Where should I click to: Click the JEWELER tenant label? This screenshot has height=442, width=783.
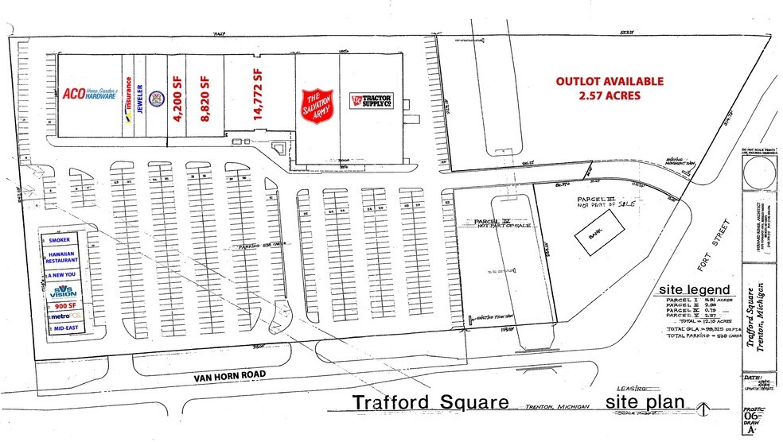(140, 99)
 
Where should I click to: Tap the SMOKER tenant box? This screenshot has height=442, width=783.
(60, 239)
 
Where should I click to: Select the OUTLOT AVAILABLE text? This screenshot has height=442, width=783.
(610, 81)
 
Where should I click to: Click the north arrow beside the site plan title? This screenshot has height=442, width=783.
(701, 409)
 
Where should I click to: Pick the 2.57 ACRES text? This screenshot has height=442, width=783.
(610, 95)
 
